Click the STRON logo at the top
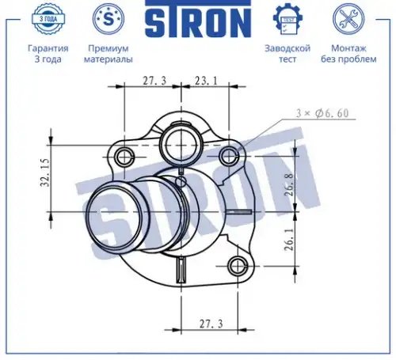click(x=198, y=18)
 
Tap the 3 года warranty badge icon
click(x=48, y=19)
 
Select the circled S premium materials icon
click(x=109, y=19)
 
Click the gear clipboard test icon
click(x=287, y=19)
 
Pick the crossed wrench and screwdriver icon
click(x=348, y=19)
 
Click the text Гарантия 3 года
click(x=48, y=54)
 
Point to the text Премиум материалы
click(x=109, y=54)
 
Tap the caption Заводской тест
click(x=287, y=54)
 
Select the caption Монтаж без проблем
click(x=348, y=54)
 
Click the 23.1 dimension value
click(x=206, y=81)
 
